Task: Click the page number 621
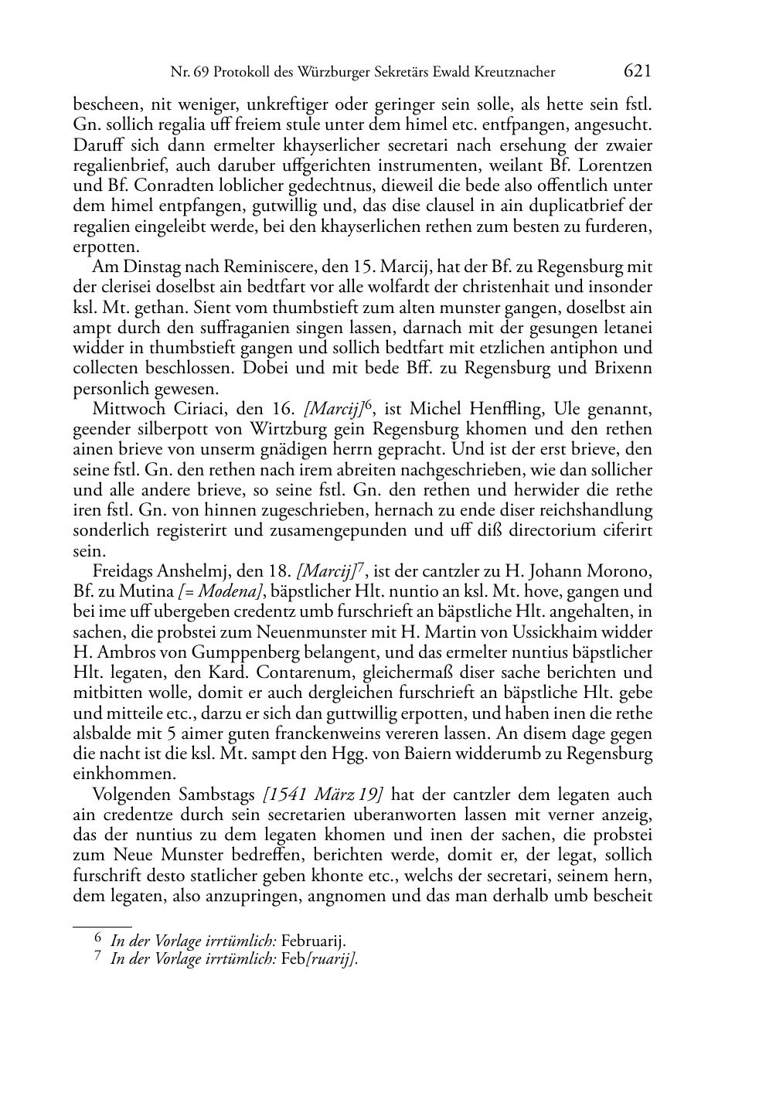coord(638,71)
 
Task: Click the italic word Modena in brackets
coord(230,592)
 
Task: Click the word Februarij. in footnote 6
coord(313,941)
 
